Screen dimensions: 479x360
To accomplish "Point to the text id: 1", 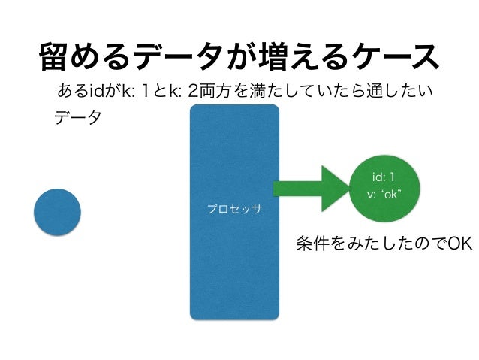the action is (384, 179).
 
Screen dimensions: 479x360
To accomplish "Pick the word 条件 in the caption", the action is (312, 245).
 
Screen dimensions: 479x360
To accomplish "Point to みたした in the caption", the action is (363, 245).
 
